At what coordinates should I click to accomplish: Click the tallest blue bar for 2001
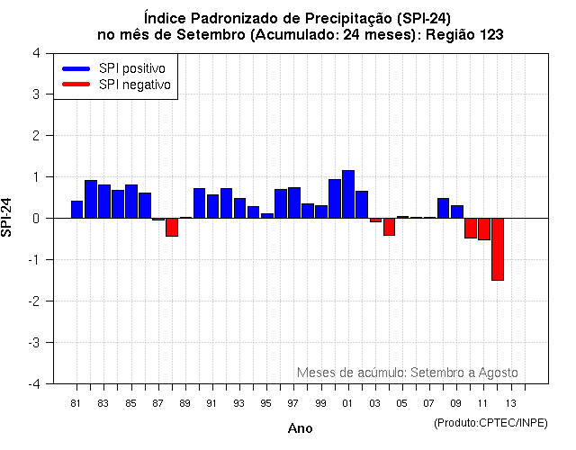pos(347,194)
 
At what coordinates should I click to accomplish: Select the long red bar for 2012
pos(497,249)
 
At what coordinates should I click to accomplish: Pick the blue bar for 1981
pos(77,210)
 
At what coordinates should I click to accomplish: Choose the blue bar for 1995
pos(266,215)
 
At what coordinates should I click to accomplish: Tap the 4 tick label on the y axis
pos(35,53)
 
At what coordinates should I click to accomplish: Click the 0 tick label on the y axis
pos(35,219)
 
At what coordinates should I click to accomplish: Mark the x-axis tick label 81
pos(76,403)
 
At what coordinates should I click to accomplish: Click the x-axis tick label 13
pos(510,403)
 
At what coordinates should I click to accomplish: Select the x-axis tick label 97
pos(293,403)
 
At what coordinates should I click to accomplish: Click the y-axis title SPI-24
pos(8,218)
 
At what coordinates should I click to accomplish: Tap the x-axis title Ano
pos(300,428)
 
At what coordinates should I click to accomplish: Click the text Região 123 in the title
pos(464,34)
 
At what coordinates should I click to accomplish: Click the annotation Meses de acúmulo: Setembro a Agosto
pos(407,373)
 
